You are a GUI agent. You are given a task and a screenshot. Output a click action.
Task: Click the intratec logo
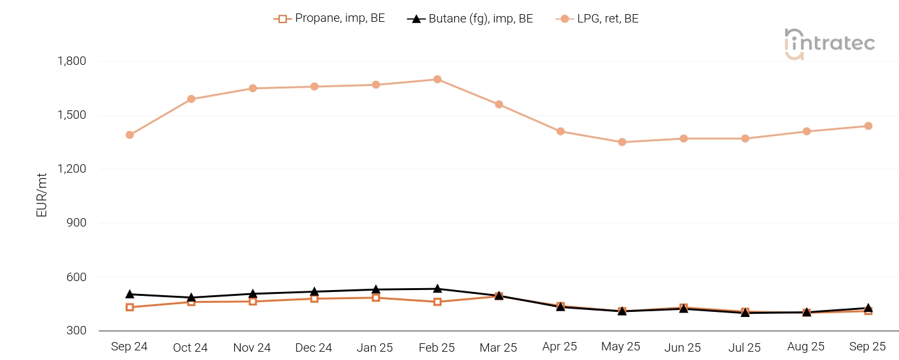click(829, 44)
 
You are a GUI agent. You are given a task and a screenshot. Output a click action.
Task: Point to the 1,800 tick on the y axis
click(72, 62)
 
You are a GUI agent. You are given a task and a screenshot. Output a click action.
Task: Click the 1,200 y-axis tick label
click(72, 169)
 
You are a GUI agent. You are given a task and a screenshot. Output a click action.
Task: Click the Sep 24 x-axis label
click(129, 347)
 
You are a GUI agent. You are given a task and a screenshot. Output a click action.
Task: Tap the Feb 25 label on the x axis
click(436, 348)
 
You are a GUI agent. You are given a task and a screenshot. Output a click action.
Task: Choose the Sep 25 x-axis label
click(868, 347)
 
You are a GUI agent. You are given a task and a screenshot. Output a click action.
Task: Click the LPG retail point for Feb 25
click(437, 80)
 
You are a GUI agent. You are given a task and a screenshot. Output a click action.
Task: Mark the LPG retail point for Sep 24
click(130, 135)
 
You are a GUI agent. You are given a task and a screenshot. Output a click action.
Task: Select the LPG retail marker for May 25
click(622, 142)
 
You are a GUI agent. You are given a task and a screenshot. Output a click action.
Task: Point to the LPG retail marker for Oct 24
click(191, 99)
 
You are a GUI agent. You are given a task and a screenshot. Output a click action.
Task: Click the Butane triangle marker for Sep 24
click(130, 294)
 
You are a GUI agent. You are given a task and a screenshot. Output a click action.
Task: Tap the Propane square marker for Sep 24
click(130, 307)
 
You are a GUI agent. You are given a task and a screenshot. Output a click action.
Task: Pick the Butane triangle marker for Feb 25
click(437, 289)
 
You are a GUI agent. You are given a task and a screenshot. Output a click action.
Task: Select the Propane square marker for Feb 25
click(437, 302)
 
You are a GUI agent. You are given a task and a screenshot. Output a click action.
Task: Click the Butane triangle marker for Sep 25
click(868, 308)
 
